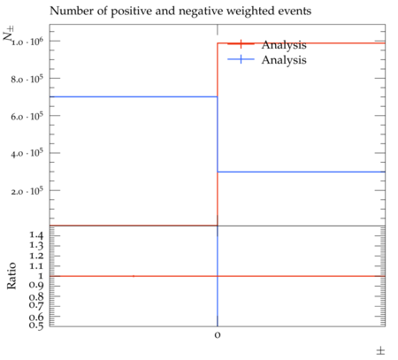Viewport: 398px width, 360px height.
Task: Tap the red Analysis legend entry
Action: click(x=267, y=44)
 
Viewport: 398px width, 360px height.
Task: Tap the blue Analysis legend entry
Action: click(x=267, y=60)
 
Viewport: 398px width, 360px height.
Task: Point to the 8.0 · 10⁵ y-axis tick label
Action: click(x=27, y=79)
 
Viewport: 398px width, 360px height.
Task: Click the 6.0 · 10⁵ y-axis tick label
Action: click(x=27, y=116)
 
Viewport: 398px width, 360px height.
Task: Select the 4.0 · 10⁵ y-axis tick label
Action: click(x=27, y=153)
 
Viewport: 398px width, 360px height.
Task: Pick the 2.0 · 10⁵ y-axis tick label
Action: click(x=27, y=191)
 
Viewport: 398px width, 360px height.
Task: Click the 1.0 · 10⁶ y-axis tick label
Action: click(x=27, y=42)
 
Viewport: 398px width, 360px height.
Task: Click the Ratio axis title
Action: click(x=11, y=276)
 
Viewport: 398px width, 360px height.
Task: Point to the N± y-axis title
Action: click(x=9, y=33)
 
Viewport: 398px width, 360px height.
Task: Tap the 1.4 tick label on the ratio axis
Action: click(x=36, y=235)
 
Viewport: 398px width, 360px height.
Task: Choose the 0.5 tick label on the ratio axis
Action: click(x=36, y=325)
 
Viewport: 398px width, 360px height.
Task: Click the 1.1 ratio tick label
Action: click(x=36, y=266)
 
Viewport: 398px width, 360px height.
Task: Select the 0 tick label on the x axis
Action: click(x=218, y=335)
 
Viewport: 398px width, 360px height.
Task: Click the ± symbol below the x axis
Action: click(x=380, y=351)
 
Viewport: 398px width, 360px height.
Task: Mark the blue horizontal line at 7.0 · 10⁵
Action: click(x=134, y=96)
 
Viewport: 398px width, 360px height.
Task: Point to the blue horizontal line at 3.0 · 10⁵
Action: click(x=302, y=172)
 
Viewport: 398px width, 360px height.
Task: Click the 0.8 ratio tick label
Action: click(x=36, y=296)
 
